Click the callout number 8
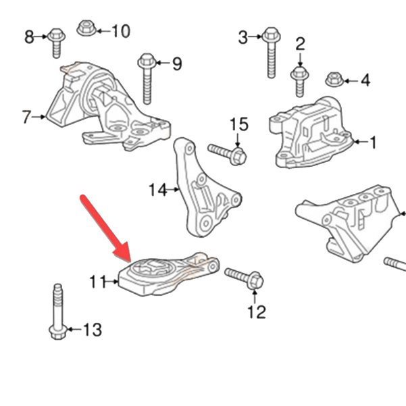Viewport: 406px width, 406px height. [x=29, y=36]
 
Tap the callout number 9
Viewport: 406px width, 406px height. [x=177, y=64]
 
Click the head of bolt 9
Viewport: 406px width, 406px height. [x=147, y=61]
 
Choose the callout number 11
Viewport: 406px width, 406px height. [x=98, y=282]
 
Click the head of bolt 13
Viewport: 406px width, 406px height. [x=58, y=331]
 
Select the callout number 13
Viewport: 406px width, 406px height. [x=93, y=330]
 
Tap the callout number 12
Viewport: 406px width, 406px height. [x=257, y=311]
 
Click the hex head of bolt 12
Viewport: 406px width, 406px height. [x=255, y=281]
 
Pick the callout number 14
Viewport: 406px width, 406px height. [x=158, y=190]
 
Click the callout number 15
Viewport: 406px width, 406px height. [x=239, y=124]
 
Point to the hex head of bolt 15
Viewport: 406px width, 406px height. [x=238, y=156]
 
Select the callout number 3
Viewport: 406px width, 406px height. [x=243, y=37]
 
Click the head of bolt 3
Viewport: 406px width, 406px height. [x=271, y=35]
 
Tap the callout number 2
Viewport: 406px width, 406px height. [x=300, y=44]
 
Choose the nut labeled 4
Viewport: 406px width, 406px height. [x=334, y=80]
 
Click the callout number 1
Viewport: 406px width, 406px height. [x=373, y=142]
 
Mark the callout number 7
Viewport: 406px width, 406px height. [x=26, y=117]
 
